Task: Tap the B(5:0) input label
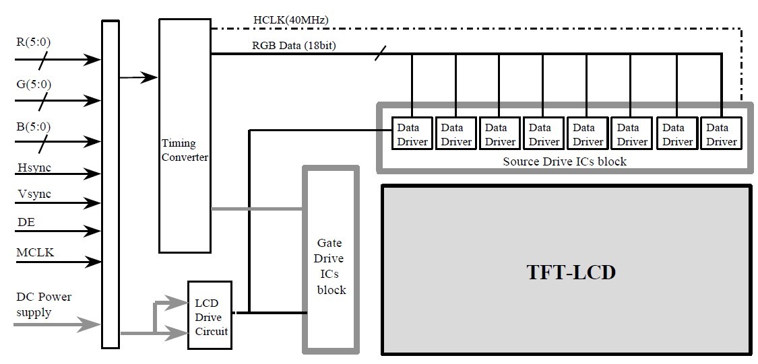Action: (x=33, y=126)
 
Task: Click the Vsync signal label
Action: (x=34, y=194)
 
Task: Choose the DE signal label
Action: (x=25, y=221)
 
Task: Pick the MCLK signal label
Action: (x=35, y=252)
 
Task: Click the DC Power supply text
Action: (x=44, y=304)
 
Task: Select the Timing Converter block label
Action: (x=185, y=150)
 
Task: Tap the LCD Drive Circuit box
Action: (x=210, y=316)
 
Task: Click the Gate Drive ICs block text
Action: (x=330, y=266)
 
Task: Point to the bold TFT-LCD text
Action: (x=570, y=273)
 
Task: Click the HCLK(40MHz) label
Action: (x=290, y=20)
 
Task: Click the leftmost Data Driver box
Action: (x=411, y=134)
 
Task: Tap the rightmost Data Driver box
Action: (x=721, y=134)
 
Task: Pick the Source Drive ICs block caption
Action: (x=565, y=161)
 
